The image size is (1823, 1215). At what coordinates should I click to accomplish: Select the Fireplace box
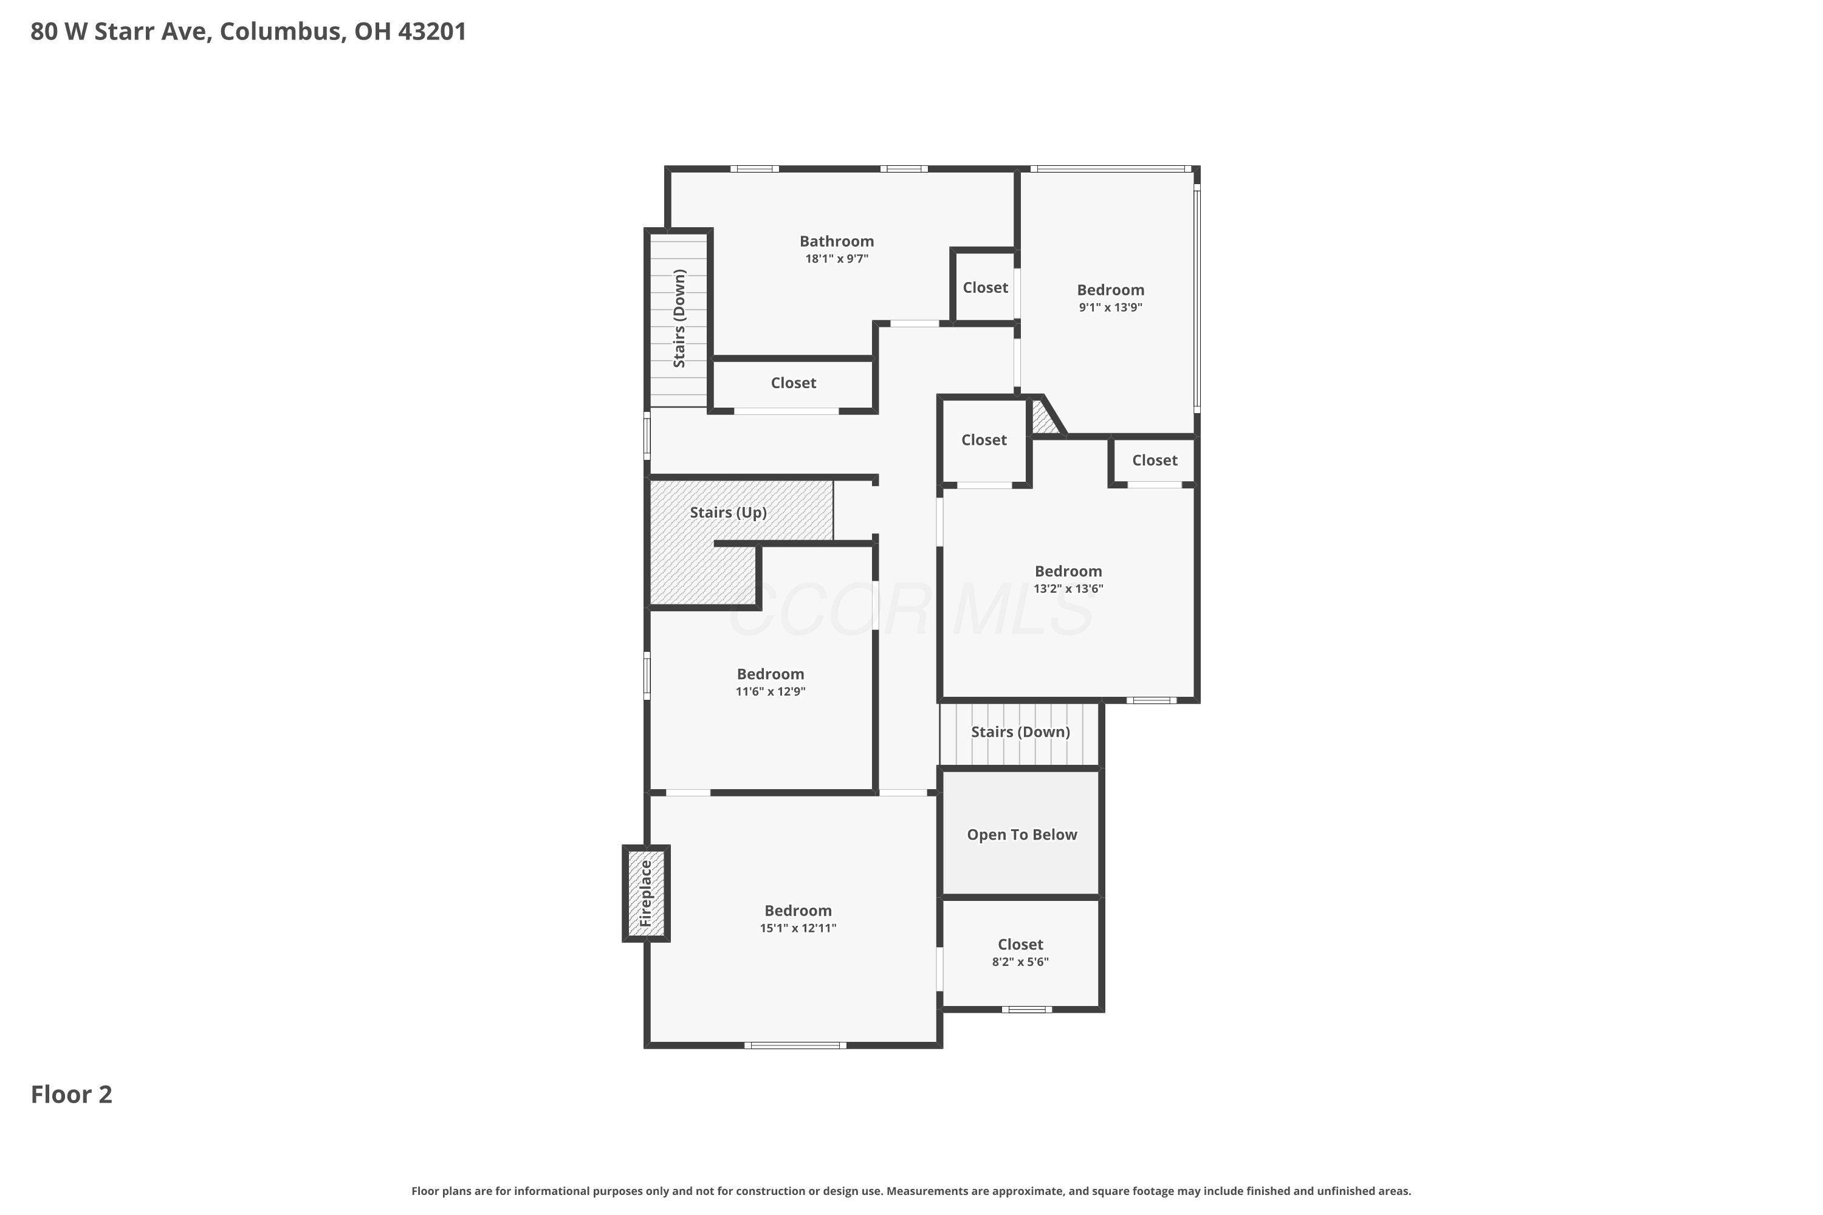click(645, 894)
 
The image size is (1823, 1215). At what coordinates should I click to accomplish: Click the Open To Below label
click(1021, 835)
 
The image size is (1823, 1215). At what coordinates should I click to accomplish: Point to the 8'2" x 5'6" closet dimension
click(1020, 962)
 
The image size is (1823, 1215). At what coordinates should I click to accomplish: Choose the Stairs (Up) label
click(728, 512)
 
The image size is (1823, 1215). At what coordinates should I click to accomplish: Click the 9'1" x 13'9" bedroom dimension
click(1110, 307)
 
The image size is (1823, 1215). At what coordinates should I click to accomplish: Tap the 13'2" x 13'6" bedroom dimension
click(1068, 588)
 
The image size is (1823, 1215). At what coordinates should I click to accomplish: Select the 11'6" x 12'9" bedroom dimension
click(771, 691)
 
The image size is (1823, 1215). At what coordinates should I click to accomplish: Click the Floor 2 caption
click(71, 1094)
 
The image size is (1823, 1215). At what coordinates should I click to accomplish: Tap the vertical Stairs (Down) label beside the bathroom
click(679, 318)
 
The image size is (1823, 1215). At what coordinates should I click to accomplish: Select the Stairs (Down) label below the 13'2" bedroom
click(1020, 732)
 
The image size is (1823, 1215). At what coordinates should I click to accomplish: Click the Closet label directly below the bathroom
click(793, 383)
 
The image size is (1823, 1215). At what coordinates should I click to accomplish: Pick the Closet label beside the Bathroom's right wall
click(985, 287)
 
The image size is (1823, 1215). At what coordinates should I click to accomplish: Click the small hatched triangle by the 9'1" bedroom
click(1044, 418)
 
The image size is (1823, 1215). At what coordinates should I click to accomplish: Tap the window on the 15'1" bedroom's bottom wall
click(795, 1046)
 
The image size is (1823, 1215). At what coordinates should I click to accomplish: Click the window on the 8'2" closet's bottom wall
click(1026, 1009)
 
